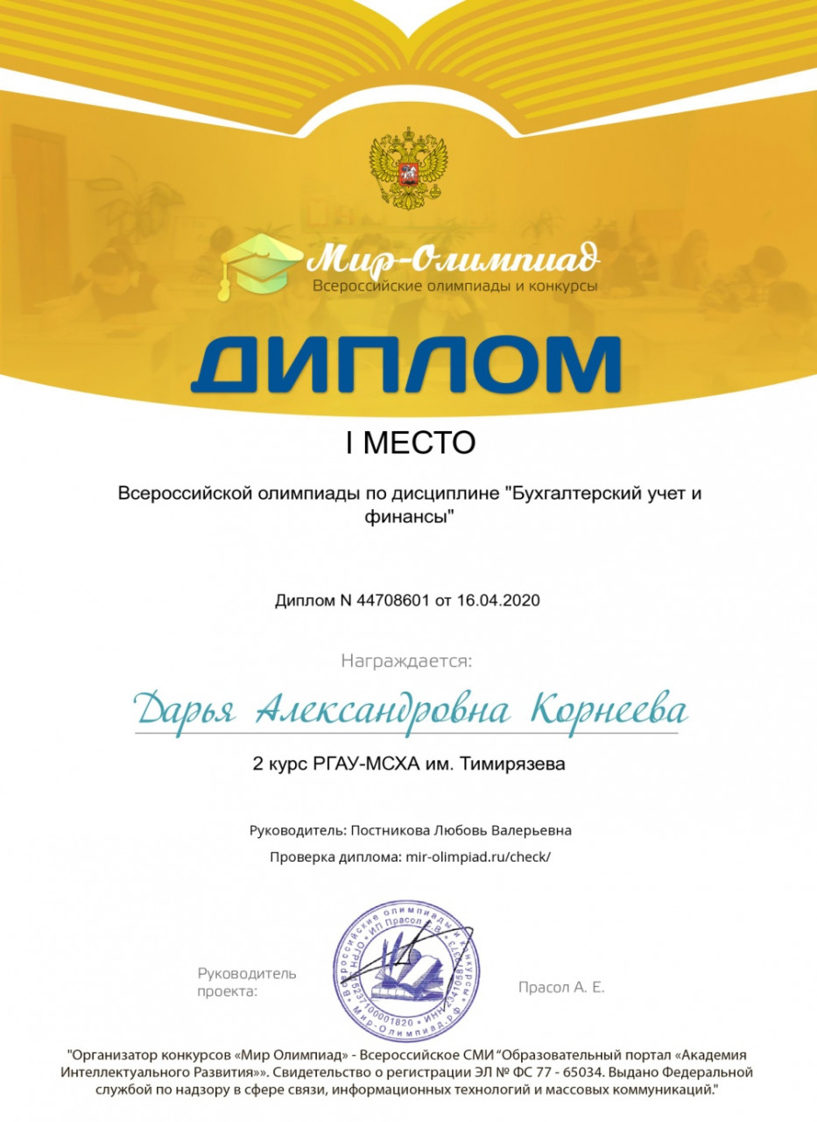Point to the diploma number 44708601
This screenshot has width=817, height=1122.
coord(384,601)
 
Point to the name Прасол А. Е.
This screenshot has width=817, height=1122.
coord(561,987)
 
